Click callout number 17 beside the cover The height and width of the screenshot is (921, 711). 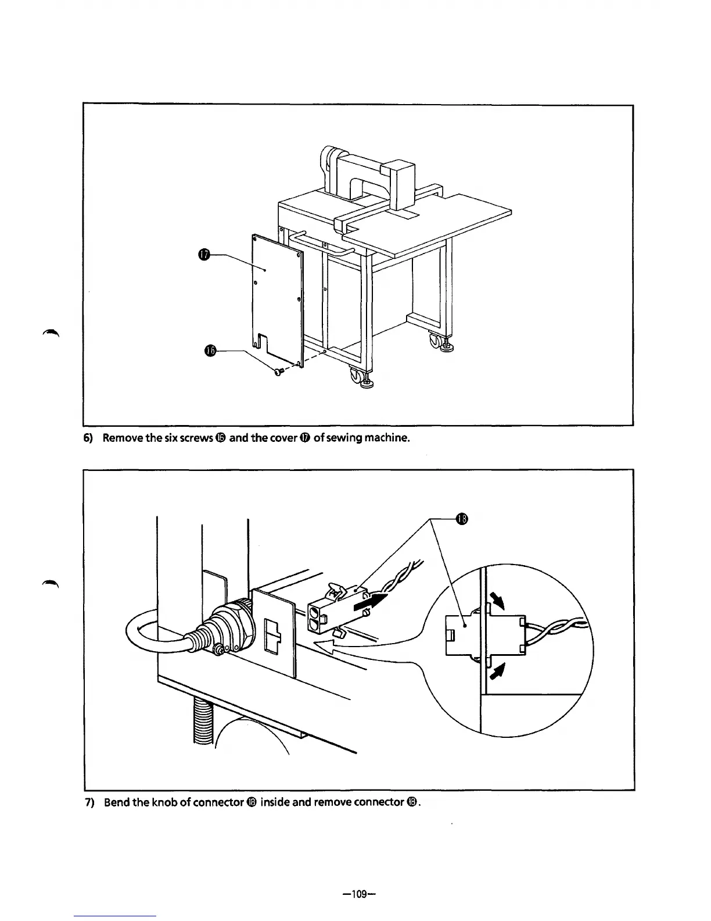(203, 255)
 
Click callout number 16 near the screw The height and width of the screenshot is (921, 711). (210, 350)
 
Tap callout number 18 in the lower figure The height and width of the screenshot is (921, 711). (461, 519)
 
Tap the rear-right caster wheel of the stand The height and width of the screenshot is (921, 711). (435, 341)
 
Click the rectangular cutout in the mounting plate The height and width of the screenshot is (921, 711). (271, 637)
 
